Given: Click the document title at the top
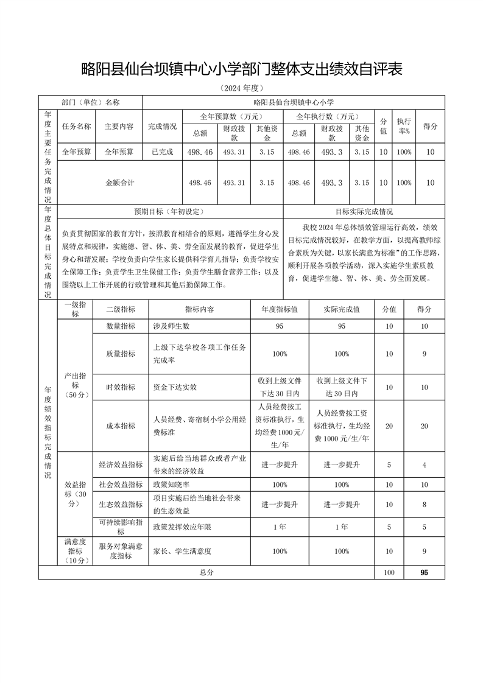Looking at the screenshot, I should (x=242, y=69).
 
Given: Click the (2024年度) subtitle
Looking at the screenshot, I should (x=242, y=89).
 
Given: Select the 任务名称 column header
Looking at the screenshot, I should (x=76, y=127).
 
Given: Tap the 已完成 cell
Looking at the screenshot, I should (x=163, y=152).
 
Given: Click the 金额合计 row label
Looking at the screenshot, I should (x=119, y=182).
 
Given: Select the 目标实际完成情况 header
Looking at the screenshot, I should (x=364, y=212).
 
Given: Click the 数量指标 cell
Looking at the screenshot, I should (x=121, y=326).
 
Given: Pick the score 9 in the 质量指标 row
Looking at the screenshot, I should (x=425, y=354).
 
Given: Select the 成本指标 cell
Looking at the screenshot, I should (x=121, y=426).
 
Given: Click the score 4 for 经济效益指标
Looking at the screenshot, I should (x=425, y=464).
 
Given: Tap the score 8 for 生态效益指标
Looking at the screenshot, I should (x=425, y=505).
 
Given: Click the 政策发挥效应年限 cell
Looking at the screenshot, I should (x=182, y=527).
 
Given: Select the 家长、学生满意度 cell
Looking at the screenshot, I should (x=182, y=551).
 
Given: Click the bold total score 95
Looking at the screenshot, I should (x=425, y=573).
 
